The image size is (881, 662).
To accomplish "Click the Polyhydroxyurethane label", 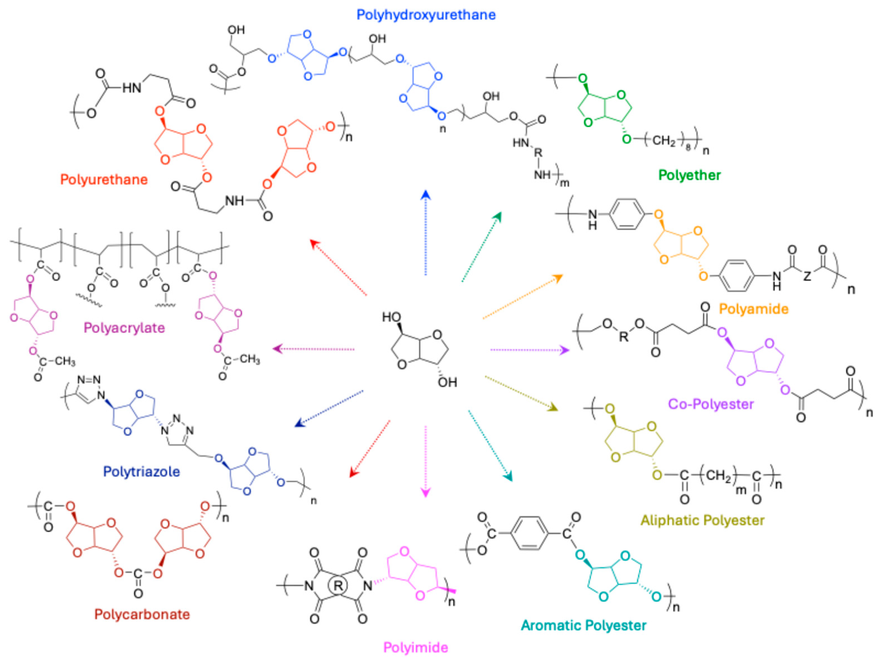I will coord(426,15).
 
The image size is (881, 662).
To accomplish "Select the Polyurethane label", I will coord(104,179).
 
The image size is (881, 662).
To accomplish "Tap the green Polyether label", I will coord(689,175).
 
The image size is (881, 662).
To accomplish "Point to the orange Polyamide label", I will coord(754,309).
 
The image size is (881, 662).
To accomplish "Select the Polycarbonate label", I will coord(142,614).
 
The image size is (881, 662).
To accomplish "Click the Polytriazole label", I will coord(141,472).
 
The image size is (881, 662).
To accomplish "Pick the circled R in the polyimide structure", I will coord(338,585).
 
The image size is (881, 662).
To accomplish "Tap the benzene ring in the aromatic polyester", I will coord(529,534).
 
